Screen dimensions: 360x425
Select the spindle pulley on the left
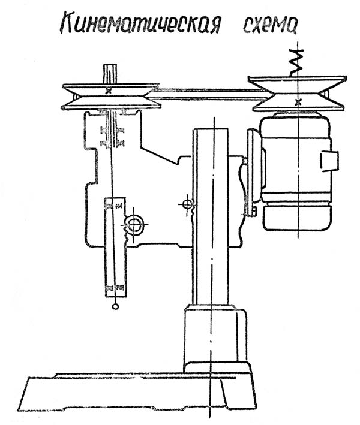point(111,97)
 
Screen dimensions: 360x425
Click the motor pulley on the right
point(298,94)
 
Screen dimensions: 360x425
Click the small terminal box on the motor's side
point(329,161)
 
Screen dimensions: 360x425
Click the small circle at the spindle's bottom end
point(115,306)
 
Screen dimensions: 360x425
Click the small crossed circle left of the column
point(188,204)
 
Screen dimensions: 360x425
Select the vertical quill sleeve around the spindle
point(115,246)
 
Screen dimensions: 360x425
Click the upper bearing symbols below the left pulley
point(112,132)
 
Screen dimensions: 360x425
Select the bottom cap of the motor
point(296,218)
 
